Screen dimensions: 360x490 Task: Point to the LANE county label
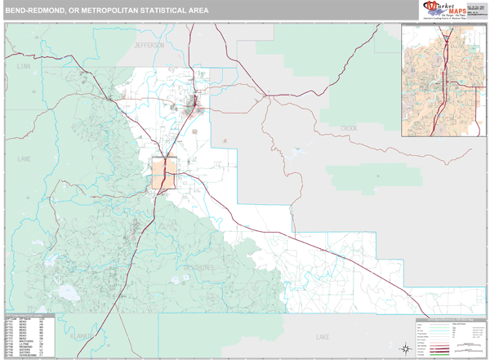(x=24, y=158)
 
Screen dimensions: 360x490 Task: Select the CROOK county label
(x=349, y=128)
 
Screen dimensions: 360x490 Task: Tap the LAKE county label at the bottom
(x=322, y=336)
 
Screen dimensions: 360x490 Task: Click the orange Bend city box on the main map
(x=165, y=174)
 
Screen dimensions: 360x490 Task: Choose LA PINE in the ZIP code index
(x=23, y=343)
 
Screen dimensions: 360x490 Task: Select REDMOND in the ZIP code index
(x=23, y=346)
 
